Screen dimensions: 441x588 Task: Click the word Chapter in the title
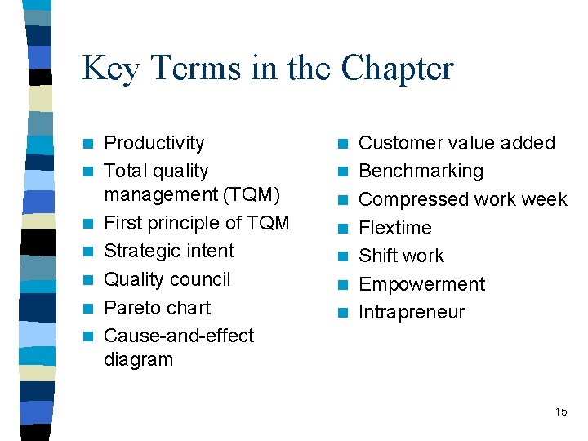[x=397, y=69]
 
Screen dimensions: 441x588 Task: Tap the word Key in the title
[x=109, y=69]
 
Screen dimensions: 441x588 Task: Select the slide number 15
[x=560, y=412]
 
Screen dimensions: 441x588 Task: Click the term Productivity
[x=154, y=143]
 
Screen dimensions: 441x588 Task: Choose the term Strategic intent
[x=169, y=251]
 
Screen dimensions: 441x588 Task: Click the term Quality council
[x=167, y=279]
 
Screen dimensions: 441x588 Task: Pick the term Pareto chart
[x=158, y=308]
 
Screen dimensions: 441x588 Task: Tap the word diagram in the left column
[x=139, y=359]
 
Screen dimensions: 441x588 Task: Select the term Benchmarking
[x=421, y=171]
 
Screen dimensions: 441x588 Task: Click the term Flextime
[x=395, y=228]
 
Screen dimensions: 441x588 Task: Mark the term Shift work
[x=401, y=256]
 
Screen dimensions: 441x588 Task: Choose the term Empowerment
[x=421, y=284]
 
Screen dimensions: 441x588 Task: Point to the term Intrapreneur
[x=412, y=312]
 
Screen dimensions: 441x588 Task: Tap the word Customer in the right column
[x=398, y=143]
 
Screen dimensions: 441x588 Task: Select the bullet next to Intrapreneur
[x=345, y=313]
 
